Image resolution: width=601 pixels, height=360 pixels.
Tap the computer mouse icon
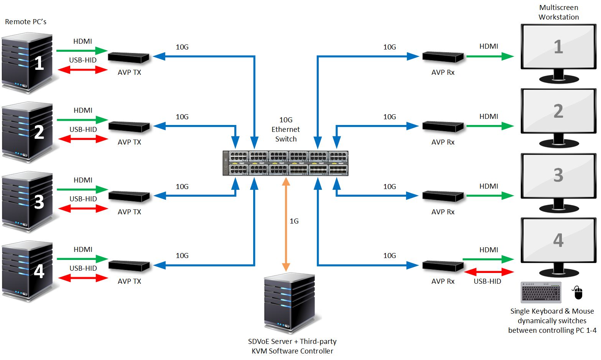click(578, 293)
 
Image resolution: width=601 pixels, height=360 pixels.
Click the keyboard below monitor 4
click(541, 293)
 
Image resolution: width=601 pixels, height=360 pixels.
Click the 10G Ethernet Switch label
click(286, 130)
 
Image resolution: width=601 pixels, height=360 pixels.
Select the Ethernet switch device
click(286, 163)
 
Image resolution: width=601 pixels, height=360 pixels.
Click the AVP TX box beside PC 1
click(128, 58)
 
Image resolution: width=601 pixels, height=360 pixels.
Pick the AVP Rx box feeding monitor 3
click(443, 196)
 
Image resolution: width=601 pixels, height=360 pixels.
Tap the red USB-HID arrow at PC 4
click(83, 278)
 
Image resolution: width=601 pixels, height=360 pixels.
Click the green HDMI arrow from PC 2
click(83, 120)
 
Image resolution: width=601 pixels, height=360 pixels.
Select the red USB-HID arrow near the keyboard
click(489, 272)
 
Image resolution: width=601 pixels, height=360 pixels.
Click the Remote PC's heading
click(26, 22)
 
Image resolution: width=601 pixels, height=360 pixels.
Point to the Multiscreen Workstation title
click(558, 12)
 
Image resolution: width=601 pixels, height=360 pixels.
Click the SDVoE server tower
click(290, 303)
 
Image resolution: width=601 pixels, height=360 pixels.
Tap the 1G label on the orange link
click(294, 221)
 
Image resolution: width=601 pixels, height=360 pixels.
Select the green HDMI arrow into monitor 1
click(490, 57)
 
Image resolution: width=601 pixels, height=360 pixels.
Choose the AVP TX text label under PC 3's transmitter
click(129, 212)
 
